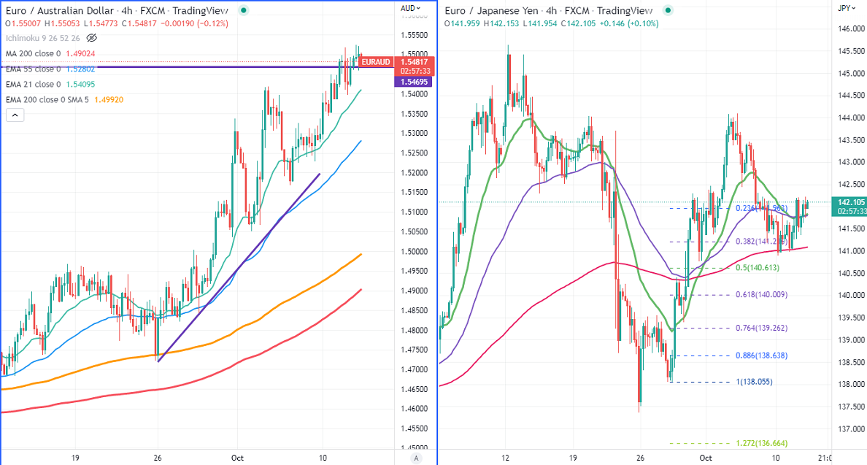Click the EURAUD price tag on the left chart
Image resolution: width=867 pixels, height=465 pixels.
click(x=376, y=62)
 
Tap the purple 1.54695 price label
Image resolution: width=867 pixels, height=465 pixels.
click(x=415, y=82)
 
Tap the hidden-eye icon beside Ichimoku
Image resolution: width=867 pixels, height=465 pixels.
click(x=92, y=38)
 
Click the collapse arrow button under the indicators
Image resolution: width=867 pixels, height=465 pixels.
click(x=15, y=115)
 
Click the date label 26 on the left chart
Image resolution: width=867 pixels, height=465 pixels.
click(x=157, y=457)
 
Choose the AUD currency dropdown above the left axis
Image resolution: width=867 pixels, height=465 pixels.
click(x=410, y=8)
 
